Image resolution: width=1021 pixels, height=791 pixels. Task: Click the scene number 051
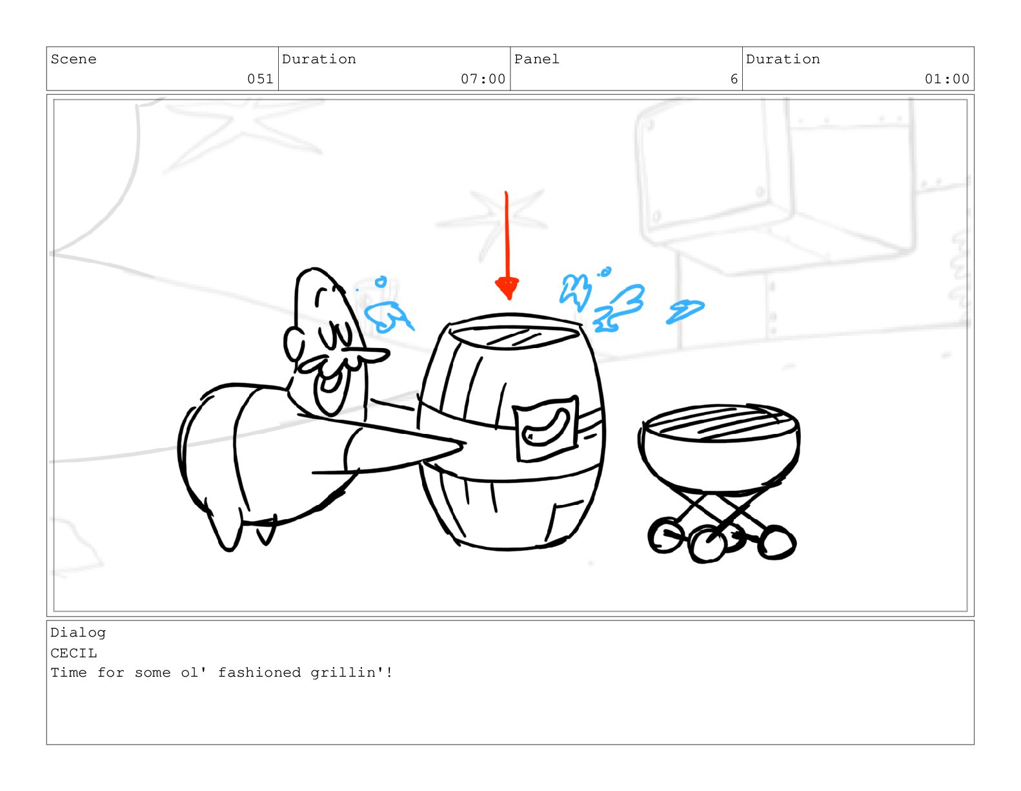(260, 79)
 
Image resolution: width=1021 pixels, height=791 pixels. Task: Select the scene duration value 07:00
(483, 79)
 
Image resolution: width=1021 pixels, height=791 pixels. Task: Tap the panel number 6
(733, 79)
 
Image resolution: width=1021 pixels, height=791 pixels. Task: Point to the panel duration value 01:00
(946, 79)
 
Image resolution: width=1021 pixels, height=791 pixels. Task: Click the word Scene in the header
(74, 59)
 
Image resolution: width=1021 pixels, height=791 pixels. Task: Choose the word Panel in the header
(536, 59)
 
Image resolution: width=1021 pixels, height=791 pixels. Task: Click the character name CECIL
(74, 653)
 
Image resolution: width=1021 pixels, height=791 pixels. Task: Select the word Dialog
(78, 633)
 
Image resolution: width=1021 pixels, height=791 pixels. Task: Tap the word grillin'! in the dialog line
(351, 672)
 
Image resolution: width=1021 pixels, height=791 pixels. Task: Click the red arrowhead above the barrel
(507, 287)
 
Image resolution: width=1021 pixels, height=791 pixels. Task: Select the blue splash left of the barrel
(388, 316)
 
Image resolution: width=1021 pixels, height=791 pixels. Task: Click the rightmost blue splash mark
(685, 311)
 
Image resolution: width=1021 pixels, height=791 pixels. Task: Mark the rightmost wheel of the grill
(776, 542)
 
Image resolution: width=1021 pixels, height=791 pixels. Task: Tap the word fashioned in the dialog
(259, 672)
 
